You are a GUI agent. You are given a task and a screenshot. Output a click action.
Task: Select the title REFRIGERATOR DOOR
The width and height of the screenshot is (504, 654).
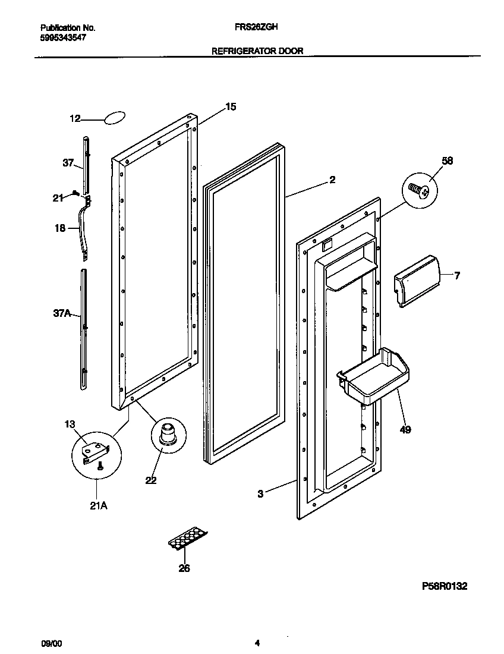pyautogui.click(x=257, y=51)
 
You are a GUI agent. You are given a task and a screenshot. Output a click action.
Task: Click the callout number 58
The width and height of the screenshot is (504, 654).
pyautogui.click(x=447, y=161)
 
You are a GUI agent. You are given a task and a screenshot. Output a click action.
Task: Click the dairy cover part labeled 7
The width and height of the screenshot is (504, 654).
pyautogui.click(x=417, y=280)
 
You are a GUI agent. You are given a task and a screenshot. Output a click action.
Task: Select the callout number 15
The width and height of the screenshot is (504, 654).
pyautogui.click(x=231, y=107)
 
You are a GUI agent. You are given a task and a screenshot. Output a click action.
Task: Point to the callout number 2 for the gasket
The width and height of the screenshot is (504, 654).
pyautogui.click(x=332, y=180)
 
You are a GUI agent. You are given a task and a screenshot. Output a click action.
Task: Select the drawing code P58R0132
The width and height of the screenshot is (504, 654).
pyautogui.click(x=445, y=586)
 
